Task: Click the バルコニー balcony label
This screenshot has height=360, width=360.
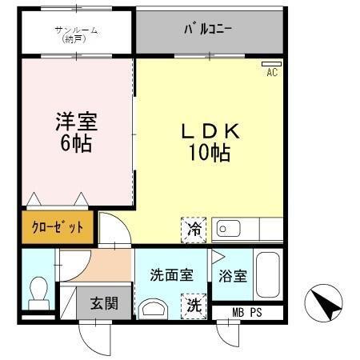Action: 209,30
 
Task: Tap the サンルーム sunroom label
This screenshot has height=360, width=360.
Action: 76,34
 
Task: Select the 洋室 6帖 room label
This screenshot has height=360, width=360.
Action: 75,133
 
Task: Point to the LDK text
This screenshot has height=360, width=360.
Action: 210,130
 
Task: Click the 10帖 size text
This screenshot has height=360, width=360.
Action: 210,153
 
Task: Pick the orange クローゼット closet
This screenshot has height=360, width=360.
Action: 58,226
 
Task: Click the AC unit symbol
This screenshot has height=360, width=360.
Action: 271,64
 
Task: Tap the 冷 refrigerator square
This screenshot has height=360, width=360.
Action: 194,229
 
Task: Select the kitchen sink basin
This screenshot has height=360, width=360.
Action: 230,229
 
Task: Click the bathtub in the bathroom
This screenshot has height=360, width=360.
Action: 268,275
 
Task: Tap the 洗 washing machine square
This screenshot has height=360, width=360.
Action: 194,305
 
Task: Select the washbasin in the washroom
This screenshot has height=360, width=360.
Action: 154,308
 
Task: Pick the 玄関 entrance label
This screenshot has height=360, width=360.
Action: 103,303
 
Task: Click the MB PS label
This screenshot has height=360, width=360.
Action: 246,312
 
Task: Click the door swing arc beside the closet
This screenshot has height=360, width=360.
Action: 112,232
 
